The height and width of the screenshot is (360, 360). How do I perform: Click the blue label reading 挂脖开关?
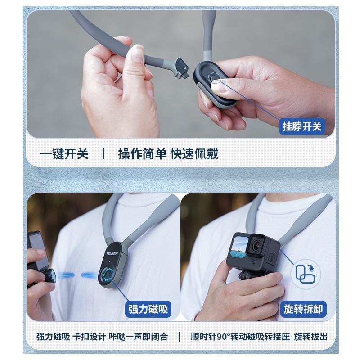(x=302, y=126)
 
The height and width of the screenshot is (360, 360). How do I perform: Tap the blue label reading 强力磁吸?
(x=148, y=309)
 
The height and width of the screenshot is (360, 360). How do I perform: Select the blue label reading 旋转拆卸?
(x=304, y=309)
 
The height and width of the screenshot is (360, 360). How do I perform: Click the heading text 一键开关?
(x=64, y=154)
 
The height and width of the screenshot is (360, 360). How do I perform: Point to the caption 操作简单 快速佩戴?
(x=168, y=154)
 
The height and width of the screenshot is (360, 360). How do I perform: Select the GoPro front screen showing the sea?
(x=240, y=247)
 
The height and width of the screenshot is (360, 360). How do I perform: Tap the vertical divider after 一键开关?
(x=103, y=154)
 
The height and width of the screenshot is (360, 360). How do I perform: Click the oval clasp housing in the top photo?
(x=215, y=81)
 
